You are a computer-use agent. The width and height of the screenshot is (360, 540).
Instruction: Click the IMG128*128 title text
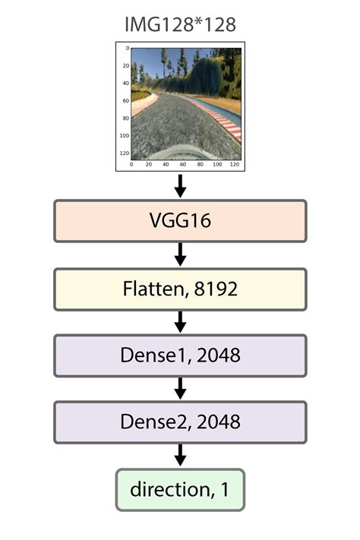click(x=180, y=24)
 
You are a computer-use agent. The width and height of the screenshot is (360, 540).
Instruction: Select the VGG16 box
click(x=180, y=221)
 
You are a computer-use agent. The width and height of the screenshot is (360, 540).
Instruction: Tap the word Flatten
click(x=148, y=289)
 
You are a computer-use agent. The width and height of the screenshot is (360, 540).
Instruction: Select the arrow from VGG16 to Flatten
click(x=180, y=254)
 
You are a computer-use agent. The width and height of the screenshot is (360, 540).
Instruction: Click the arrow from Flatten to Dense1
click(x=180, y=322)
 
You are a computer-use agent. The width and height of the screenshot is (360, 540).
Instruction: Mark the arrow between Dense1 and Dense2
click(x=180, y=389)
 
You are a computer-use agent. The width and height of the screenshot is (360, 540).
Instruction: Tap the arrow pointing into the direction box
click(x=180, y=455)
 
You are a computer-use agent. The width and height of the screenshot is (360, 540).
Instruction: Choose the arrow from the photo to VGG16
click(x=180, y=185)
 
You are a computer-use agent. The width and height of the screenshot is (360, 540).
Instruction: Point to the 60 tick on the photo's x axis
click(x=182, y=164)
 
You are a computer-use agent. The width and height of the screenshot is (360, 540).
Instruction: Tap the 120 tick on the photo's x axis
click(x=233, y=164)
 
